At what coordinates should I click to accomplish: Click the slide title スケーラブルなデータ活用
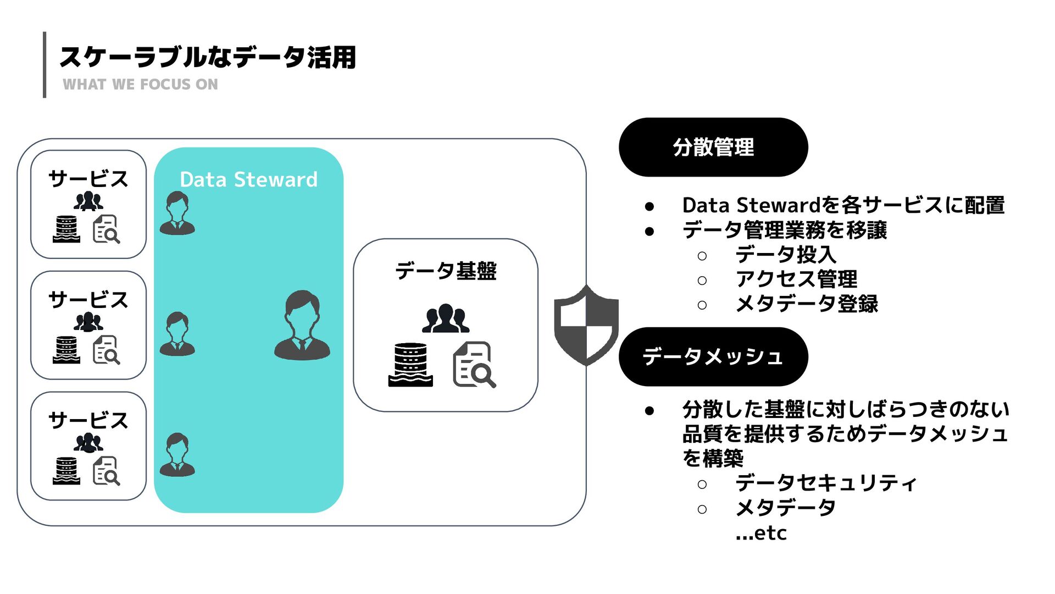(x=208, y=57)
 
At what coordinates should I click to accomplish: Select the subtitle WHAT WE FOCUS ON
(x=140, y=85)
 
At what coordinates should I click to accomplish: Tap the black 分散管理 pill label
(x=713, y=147)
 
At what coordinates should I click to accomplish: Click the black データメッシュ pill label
(x=713, y=357)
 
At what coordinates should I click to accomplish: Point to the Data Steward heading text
(x=248, y=180)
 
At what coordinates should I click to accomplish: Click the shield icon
(x=586, y=326)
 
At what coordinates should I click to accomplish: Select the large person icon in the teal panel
(x=302, y=326)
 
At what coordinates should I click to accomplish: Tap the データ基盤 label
(x=445, y=271)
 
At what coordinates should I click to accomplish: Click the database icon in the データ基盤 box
(x=410, y=365)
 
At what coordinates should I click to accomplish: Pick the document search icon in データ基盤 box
(x=474, y=365)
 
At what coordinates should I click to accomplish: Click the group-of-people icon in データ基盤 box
(x=445, y=319)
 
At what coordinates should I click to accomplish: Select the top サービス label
(x=88, y=179)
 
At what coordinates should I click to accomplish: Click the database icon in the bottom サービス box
(x=66, y=471)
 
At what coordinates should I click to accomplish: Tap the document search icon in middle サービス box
(x=106, y=350)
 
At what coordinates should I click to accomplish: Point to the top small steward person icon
(x=177, y=213)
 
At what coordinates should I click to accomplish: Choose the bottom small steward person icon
(x=177, y=455)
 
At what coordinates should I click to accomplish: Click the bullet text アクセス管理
(x=796, y=279)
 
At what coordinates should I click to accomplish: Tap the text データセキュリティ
(x=826, y=483)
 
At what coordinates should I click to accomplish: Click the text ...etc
(x=761, y=533)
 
